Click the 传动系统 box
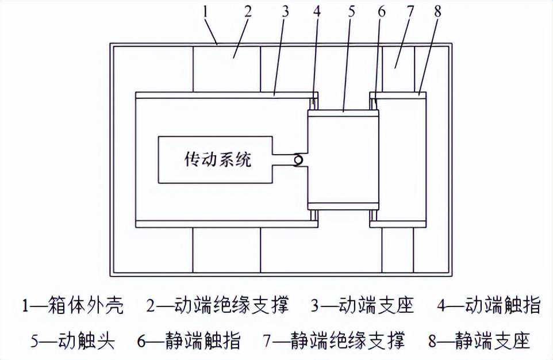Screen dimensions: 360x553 click(216, 160)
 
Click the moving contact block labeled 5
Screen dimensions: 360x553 click(343, 160)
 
